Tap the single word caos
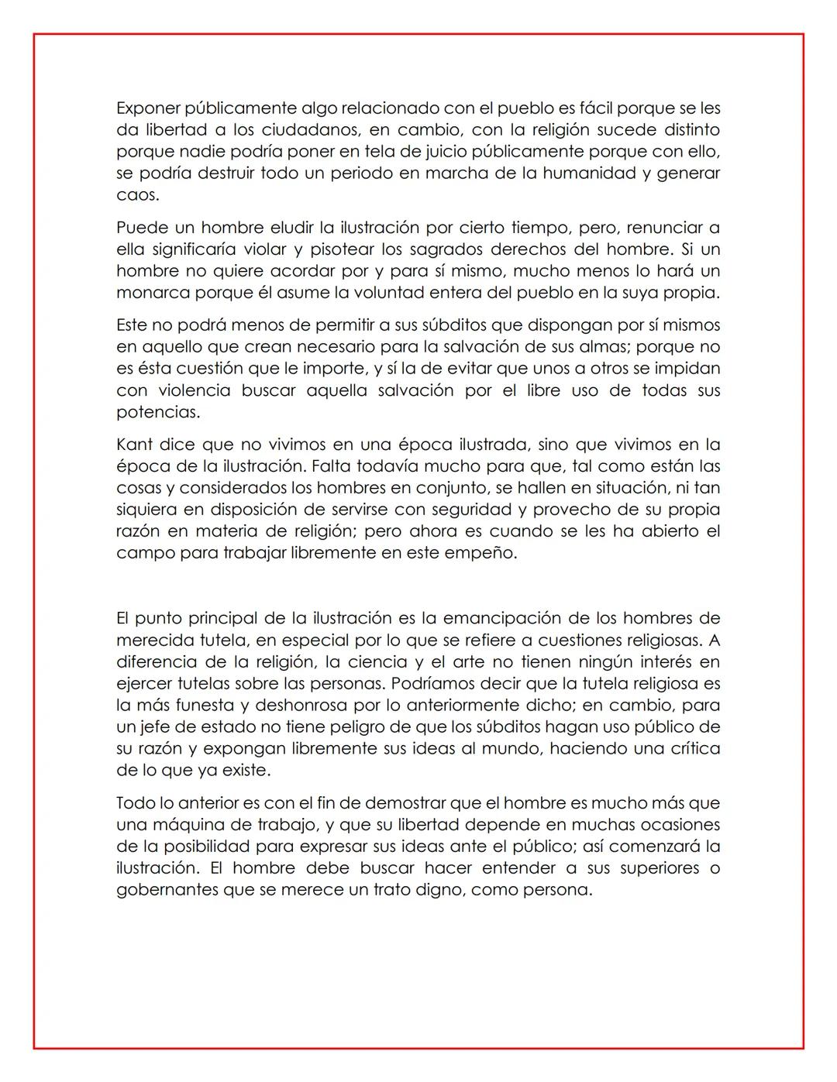(x=137, y=195)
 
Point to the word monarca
(x=148, y=293)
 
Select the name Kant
(x=134, y=445)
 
